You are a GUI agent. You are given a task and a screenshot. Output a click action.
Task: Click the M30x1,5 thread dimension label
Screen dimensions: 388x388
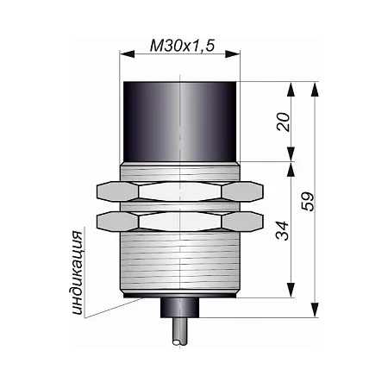pos(182,46)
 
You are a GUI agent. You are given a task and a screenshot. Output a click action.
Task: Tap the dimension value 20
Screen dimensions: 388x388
pos(284,122)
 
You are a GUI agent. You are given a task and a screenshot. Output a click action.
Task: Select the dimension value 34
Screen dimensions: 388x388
pos(282,230)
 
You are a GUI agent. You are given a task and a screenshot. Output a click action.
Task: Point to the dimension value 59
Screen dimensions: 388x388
pos(308,202)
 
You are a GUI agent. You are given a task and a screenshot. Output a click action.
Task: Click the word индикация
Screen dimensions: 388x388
pos(77,272)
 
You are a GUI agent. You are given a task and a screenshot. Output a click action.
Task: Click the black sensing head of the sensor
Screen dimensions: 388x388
pos(180,122)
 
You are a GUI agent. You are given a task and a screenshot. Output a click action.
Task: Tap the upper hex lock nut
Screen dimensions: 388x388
pos(180,191)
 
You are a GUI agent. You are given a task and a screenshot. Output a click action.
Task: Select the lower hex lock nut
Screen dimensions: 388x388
pos(180,222)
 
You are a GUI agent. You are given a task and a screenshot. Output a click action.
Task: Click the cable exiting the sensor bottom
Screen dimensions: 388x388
pos(180,331)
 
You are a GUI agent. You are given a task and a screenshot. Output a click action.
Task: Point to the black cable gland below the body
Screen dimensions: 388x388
pos(180,308)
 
